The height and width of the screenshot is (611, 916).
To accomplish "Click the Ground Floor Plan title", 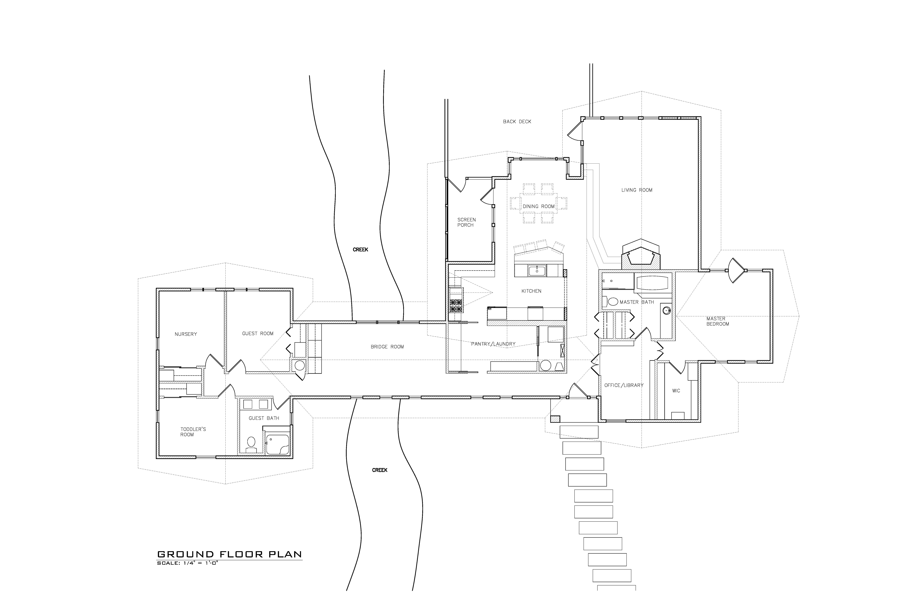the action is [x=229, y=554].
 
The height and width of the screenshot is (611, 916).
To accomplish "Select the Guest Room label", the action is [x=258, y=334].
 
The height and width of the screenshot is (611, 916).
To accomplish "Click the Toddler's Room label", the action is [x=193, y=432].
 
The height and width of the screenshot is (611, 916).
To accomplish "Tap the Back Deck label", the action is [x=517, y=122].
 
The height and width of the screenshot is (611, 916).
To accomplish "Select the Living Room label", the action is [x=637, y=190].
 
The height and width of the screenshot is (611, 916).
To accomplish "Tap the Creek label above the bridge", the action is [x=360, y=249].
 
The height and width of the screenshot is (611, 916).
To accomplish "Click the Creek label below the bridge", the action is [x=380, y=470].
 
